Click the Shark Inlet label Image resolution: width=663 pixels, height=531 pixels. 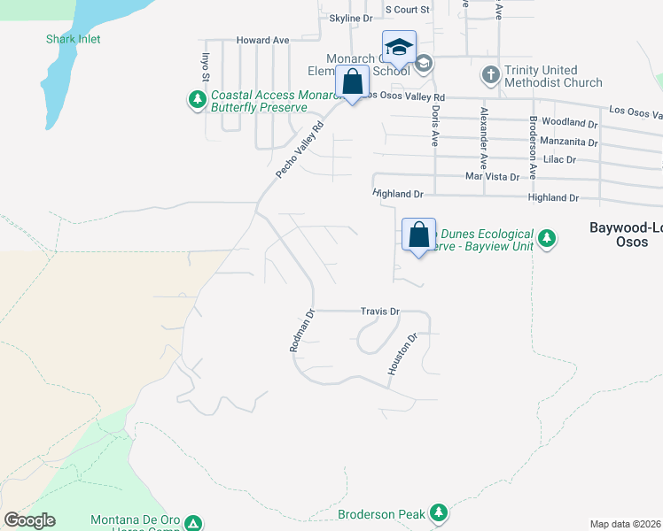74,39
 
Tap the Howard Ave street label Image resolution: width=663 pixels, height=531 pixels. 262,41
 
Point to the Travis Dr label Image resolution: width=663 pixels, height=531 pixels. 381,312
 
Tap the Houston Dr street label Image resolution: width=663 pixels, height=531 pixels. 401,354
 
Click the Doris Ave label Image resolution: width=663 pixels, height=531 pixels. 434,127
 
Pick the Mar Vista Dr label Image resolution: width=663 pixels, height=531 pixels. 492,177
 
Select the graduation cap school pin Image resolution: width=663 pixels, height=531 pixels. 399,47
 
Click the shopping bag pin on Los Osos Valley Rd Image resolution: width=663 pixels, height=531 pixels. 353,81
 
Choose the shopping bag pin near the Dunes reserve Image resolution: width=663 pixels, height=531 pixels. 419,235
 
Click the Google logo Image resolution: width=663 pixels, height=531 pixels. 29,520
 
